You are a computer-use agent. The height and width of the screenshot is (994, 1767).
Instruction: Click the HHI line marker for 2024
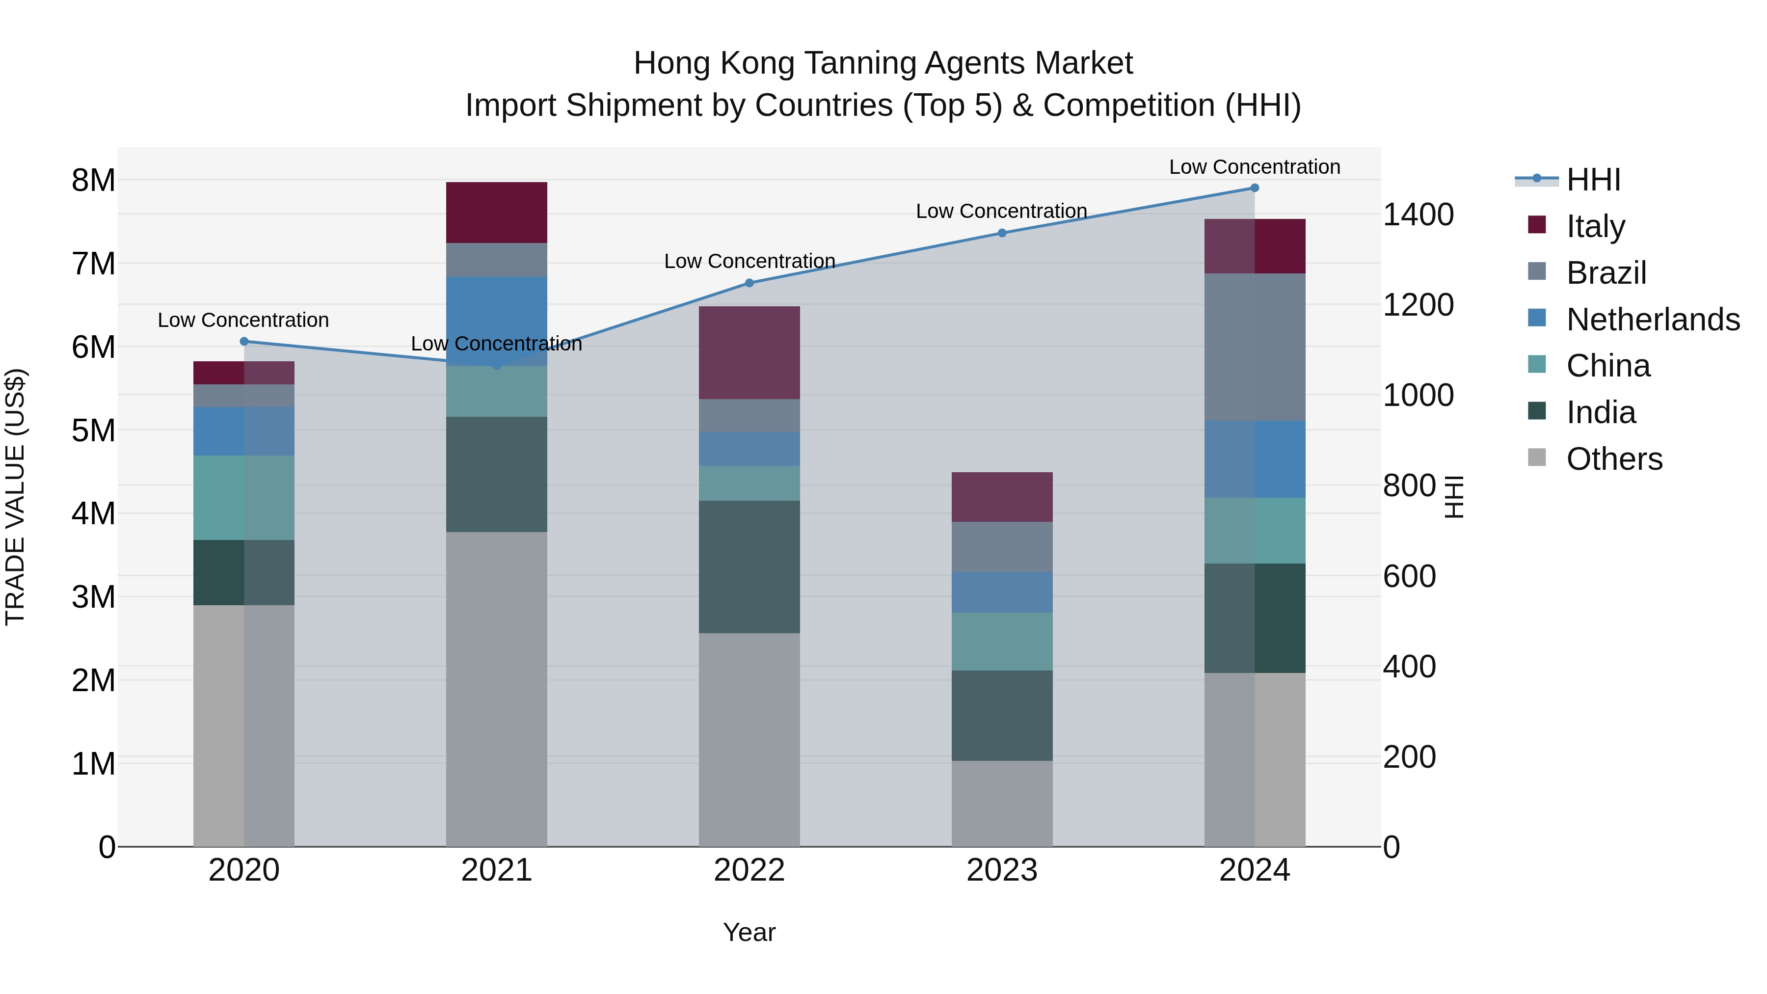1255,188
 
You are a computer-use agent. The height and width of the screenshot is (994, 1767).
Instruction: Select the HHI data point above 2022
749,283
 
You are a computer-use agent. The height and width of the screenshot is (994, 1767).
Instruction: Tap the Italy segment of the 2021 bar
497,213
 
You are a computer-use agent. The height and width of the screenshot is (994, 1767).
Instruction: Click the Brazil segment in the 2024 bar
1255,347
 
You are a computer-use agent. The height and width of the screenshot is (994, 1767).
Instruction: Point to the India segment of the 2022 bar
749,566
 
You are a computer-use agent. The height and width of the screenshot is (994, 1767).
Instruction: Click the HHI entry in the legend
1593,180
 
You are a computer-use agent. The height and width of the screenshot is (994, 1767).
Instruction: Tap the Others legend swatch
1537,457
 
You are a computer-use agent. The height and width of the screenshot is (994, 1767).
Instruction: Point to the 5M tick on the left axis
94,431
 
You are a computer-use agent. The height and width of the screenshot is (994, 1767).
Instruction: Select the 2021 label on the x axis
497,870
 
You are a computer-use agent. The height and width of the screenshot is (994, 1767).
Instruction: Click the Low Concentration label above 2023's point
1001,211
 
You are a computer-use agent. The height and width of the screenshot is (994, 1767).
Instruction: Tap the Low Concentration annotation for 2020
243,321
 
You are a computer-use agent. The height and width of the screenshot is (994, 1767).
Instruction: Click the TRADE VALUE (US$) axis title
15,497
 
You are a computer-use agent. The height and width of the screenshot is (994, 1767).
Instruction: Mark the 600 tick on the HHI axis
1409,576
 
